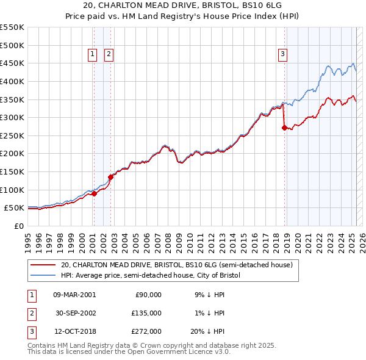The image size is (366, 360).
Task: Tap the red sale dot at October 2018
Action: point(284,128)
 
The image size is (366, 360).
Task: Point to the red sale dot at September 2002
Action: point(111,177)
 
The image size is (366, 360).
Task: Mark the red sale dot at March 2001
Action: point(94,193)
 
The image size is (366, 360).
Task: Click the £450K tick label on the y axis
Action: point(12,63)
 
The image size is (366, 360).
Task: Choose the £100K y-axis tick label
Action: point(12,190)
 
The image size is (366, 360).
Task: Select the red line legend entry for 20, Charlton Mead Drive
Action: point(177,265)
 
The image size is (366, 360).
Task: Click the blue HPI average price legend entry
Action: point(151,276)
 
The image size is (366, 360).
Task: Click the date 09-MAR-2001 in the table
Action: point(74,294)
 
